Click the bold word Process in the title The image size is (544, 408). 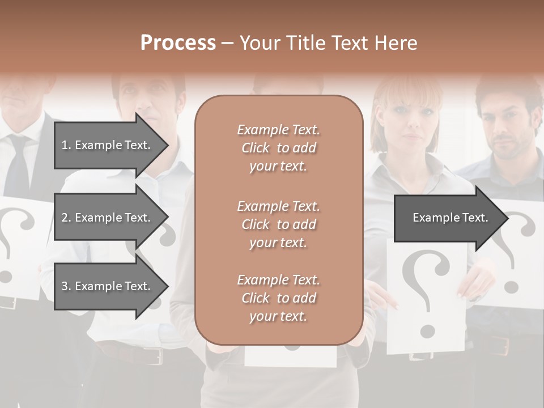pos(178,43)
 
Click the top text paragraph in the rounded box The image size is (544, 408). pos(278,148)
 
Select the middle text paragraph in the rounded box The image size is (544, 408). pos(278,224)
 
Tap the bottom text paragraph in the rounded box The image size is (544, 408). pos(278,298)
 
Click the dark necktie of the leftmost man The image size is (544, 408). pos(17,164)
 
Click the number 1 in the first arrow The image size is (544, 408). pos(64,145)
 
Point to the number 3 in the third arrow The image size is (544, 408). pos(64,286)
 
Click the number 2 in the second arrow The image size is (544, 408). pos(64,218)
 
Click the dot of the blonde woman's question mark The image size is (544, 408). pos(427,330)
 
